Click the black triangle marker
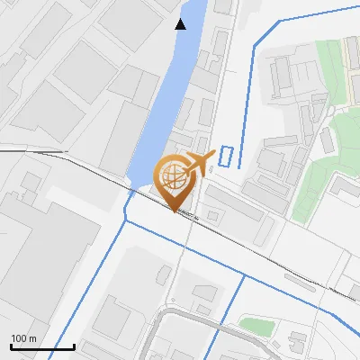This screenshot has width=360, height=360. (x=181, y=24)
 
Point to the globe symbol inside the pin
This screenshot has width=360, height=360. (x=174, y=174)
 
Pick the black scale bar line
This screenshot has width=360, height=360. (x=42, y=346)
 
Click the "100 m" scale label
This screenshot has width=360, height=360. (x=23, y=338)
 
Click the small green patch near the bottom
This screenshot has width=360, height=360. (x=256, y=325)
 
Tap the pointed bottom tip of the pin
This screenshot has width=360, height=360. (x=174, y=211)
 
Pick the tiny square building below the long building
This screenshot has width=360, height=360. (x=212, y=217)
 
